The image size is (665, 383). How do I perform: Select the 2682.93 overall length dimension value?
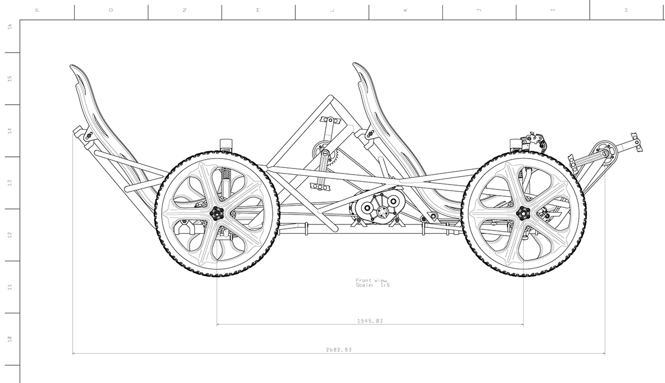coord(339,350)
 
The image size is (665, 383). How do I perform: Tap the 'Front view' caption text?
coord(371,280)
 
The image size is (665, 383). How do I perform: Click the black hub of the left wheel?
coord(216,213)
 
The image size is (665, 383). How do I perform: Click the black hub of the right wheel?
coord(523,213)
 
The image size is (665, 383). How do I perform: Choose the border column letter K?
coord(405,10)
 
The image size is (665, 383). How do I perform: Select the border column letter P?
coord(37,10)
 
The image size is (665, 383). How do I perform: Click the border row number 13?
coord(9,182)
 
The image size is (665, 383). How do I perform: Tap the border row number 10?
coord(9,339)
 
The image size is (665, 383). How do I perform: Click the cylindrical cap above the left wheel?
coord(226,144)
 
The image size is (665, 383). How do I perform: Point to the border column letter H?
coord(626,10)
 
